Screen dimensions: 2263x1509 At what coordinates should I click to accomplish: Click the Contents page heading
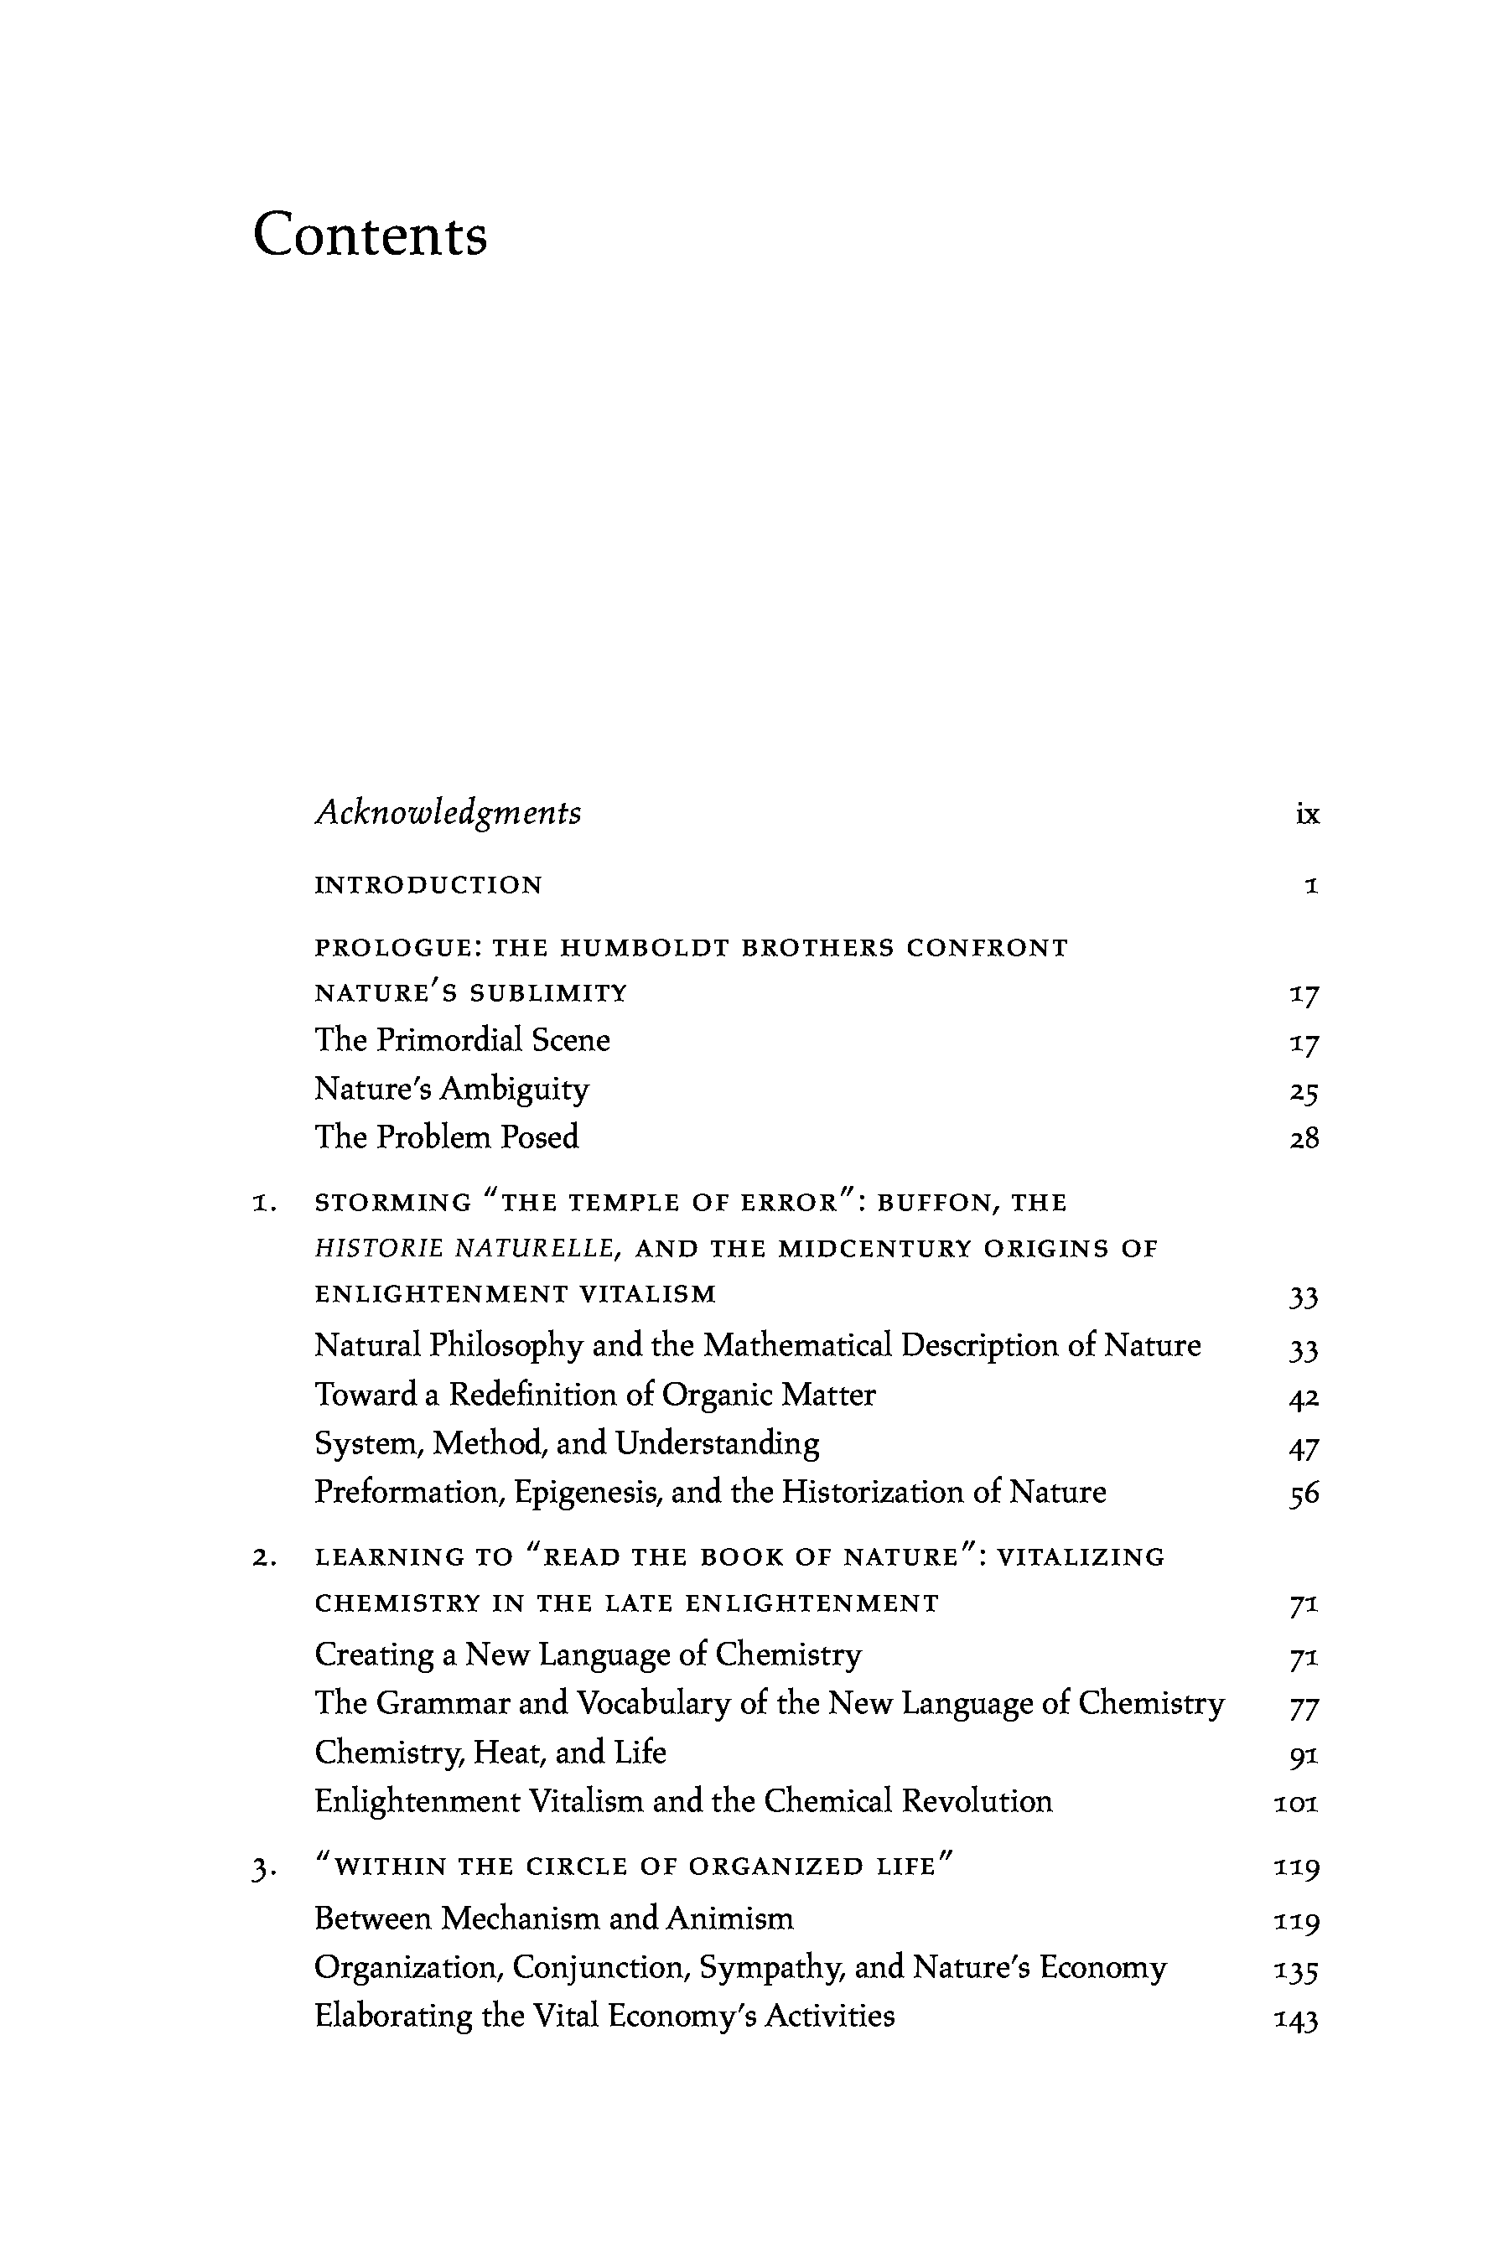tap(370, 235)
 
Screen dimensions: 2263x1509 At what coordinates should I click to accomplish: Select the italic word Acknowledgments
tap(448, 813)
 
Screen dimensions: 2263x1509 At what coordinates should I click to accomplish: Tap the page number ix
tap(1307, 815)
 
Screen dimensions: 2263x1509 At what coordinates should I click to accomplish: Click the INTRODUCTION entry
tap(428, 885)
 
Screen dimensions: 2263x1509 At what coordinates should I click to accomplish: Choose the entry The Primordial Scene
tap(462, 1040)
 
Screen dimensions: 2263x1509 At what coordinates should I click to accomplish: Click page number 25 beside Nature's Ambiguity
tap(1303, 1092)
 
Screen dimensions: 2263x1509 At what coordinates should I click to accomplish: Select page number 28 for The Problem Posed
tap(1303, 1139)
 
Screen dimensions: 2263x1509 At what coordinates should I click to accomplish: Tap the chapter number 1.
tap(265, 1204)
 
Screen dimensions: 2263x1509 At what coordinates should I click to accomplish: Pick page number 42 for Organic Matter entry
tap(1303, 1397)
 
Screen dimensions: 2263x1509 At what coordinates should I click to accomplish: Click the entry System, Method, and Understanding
tap(567, 1443)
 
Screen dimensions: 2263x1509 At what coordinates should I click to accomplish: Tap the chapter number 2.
tap(265, 1559)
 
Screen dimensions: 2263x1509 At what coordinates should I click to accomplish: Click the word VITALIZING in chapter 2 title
tap(1080, 1558)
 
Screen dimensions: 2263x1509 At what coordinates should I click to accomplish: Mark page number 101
tap(1295, 1803)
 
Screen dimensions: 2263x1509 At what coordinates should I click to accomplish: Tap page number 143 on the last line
tap(1295, 2017)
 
